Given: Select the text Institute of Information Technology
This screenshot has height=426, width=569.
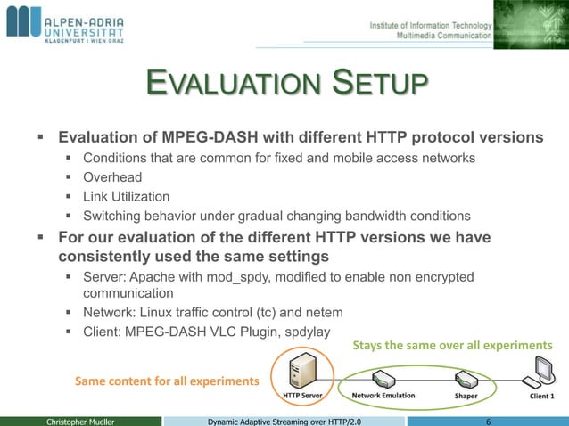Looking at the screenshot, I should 430,24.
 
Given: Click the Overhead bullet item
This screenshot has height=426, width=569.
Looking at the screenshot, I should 112,177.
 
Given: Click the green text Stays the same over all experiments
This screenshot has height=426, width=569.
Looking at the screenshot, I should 453,345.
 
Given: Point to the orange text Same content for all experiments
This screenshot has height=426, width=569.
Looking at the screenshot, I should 167,381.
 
